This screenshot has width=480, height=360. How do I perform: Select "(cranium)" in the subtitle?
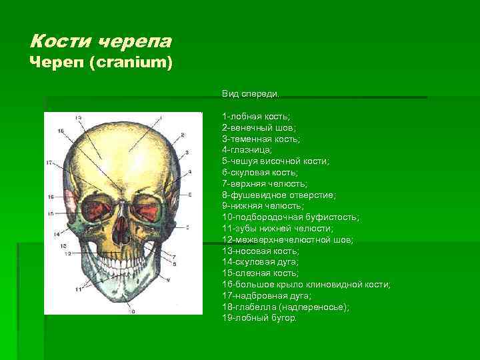coord(139,63)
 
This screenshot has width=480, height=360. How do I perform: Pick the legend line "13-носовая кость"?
coord(261,251)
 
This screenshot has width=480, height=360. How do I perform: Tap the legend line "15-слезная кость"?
coord(260,273)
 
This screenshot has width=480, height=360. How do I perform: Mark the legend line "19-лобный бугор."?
coord(260,318)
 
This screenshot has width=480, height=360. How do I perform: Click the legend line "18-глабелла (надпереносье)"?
coord(285,307)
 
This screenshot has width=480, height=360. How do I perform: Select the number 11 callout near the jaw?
coord(79,289)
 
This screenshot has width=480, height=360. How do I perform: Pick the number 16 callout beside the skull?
coord(51,197)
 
